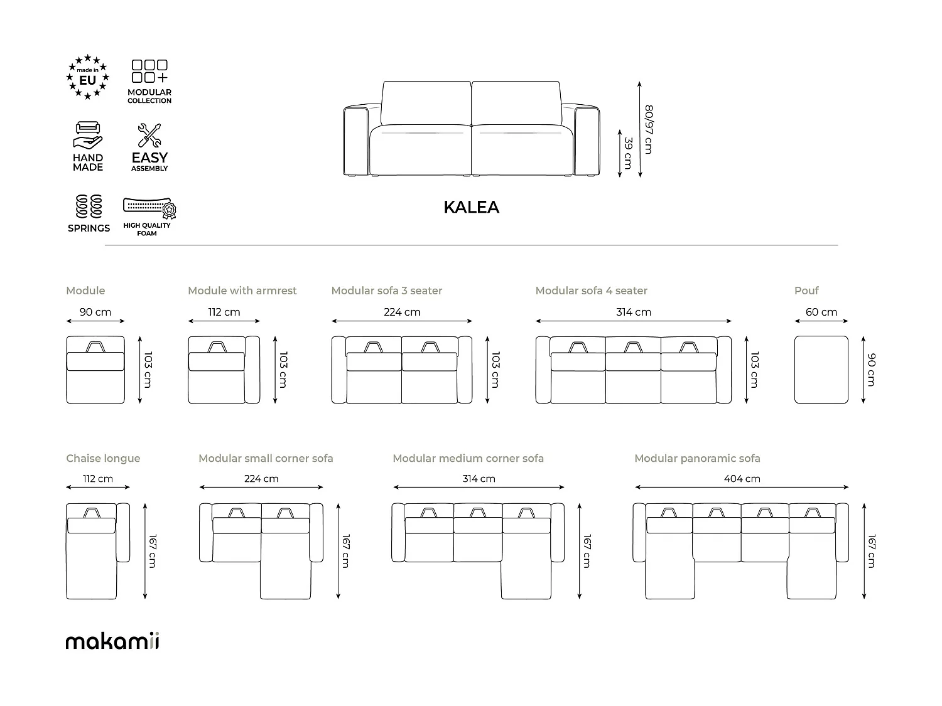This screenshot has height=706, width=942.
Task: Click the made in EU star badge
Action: tap(88, 77)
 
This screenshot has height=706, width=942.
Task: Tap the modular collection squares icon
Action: tap(149, 72)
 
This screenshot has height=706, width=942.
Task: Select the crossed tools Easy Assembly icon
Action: tap(149, 136)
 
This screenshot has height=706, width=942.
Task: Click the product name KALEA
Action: tap(471, 207)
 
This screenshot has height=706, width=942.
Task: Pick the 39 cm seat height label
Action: tap(627, 152)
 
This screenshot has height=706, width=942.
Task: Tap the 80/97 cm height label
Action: tap(649, 129)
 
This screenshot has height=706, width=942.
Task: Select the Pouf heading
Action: tap(806, 291)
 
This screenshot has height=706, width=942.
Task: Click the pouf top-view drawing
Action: tap(821, 370)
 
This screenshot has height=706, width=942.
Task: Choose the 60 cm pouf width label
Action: tap(821, 312)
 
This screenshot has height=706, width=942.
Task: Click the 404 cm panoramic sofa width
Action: tap(742, 479)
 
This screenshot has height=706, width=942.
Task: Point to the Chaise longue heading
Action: tap(103, 459)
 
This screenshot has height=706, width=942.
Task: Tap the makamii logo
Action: tap(112, 641)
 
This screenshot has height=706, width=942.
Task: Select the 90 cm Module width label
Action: tap(95, 312)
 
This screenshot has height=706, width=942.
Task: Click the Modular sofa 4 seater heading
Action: tap(591, 291)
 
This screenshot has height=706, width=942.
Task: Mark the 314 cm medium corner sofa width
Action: tap(479, 479)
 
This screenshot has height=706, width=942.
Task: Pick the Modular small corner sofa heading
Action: tap(266, 459)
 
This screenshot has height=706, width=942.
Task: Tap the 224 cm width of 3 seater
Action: tap(402, 312)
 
